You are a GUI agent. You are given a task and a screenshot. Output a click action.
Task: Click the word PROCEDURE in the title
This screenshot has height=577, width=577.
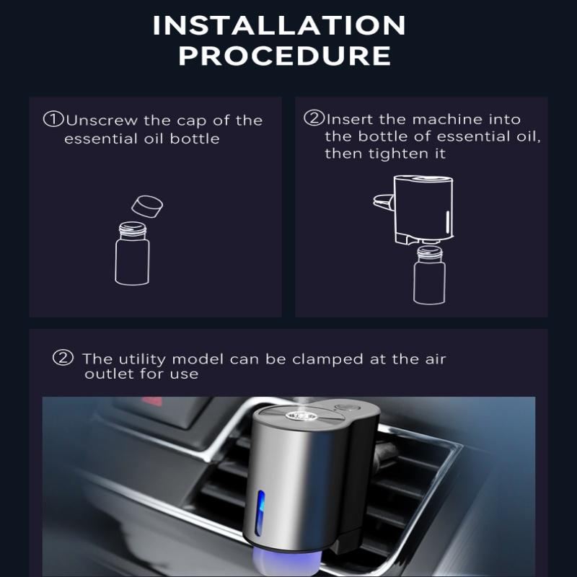[x=285, y=56]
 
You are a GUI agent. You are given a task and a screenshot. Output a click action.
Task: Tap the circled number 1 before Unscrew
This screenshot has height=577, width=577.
[x=53, y=119]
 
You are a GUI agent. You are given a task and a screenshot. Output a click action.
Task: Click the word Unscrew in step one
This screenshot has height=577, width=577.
[x=98, y=120]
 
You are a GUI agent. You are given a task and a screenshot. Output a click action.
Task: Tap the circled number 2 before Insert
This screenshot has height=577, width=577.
[x=314, y=118]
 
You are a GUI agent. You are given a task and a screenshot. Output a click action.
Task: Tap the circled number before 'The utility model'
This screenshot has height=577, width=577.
[x=64, y=358]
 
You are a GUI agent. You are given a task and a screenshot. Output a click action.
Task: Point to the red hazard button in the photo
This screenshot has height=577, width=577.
[x=154, y=399]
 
